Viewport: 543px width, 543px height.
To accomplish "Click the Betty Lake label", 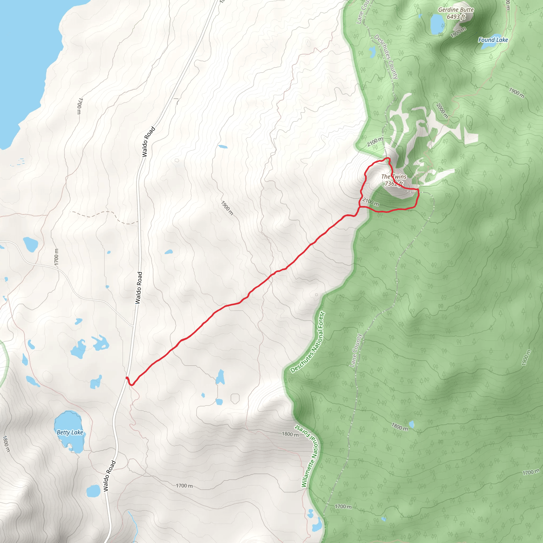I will (x=70, y=432).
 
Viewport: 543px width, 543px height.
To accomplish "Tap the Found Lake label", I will (x=493, y=40).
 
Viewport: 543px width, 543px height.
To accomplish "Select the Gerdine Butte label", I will (x=456, y=10).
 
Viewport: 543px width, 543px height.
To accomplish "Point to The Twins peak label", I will (x=394, y=177).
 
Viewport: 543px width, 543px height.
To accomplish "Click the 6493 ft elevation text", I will (x=456, y=17).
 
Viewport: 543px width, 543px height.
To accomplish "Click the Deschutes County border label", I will (x=386, y=56).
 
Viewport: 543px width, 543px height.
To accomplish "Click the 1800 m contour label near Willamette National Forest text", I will (x=290, y=434).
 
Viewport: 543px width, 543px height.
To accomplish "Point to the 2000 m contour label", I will (x=442, y=111).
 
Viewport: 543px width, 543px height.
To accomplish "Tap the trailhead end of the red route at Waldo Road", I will (x=127, y=378).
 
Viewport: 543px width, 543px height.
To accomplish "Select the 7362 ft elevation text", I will (x=394, y=184).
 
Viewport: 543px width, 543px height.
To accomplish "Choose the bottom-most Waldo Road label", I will (x=110, y=476).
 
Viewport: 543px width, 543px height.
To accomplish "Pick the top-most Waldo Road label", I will (x=148, y=142).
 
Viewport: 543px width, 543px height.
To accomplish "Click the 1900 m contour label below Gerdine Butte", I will (x=458, y=32).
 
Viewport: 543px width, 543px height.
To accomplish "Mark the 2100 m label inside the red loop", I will (x=370, y=202).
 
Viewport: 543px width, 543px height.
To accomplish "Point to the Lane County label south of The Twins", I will (x=356, y=351).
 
